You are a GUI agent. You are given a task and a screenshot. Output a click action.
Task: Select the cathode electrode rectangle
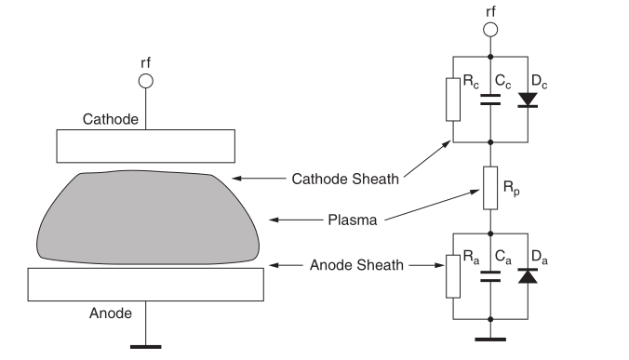coord(144,145)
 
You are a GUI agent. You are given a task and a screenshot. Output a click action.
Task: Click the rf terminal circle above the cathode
coord(145,81)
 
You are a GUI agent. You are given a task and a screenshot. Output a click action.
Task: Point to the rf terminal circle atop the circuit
coord(490,29)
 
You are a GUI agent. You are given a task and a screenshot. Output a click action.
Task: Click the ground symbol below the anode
coord(143,348)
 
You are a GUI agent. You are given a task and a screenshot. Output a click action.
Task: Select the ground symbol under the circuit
coord(491,339)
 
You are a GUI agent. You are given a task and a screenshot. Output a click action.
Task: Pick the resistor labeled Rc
coord(452,99)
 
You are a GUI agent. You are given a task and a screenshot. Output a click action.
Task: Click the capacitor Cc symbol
coord(491,100)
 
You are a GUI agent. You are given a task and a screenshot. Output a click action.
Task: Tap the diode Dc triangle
coord(529,99)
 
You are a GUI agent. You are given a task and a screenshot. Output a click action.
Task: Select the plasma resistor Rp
coord(491,187)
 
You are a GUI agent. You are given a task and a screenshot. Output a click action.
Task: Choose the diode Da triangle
coord(529,276)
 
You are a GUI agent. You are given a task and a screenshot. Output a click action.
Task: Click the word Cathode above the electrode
coord(111,119)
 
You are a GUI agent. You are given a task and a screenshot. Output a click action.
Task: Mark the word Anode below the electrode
coord(111,313)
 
